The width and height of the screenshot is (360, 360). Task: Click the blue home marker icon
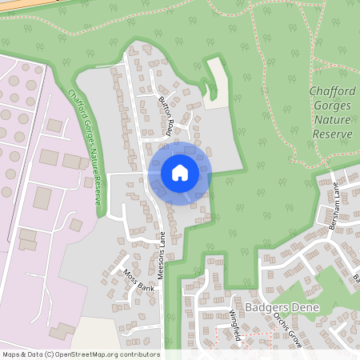[x=180, y=173]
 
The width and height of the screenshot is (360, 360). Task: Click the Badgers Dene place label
[x=282, y=308]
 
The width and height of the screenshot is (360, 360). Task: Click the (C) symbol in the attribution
[x=50, y=354]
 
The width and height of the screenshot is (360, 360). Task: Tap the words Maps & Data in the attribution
[x=22, y=354]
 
